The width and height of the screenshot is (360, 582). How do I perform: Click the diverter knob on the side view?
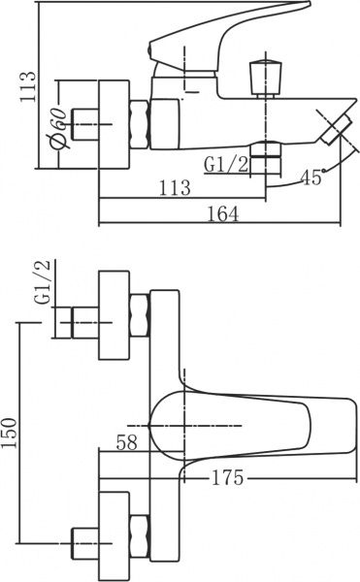pos(262,77)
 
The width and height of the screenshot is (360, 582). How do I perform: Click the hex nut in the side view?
pos(139,125)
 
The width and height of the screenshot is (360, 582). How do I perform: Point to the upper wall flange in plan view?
pos(115,316)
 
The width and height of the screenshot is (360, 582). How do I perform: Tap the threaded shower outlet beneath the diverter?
pos(264,156)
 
